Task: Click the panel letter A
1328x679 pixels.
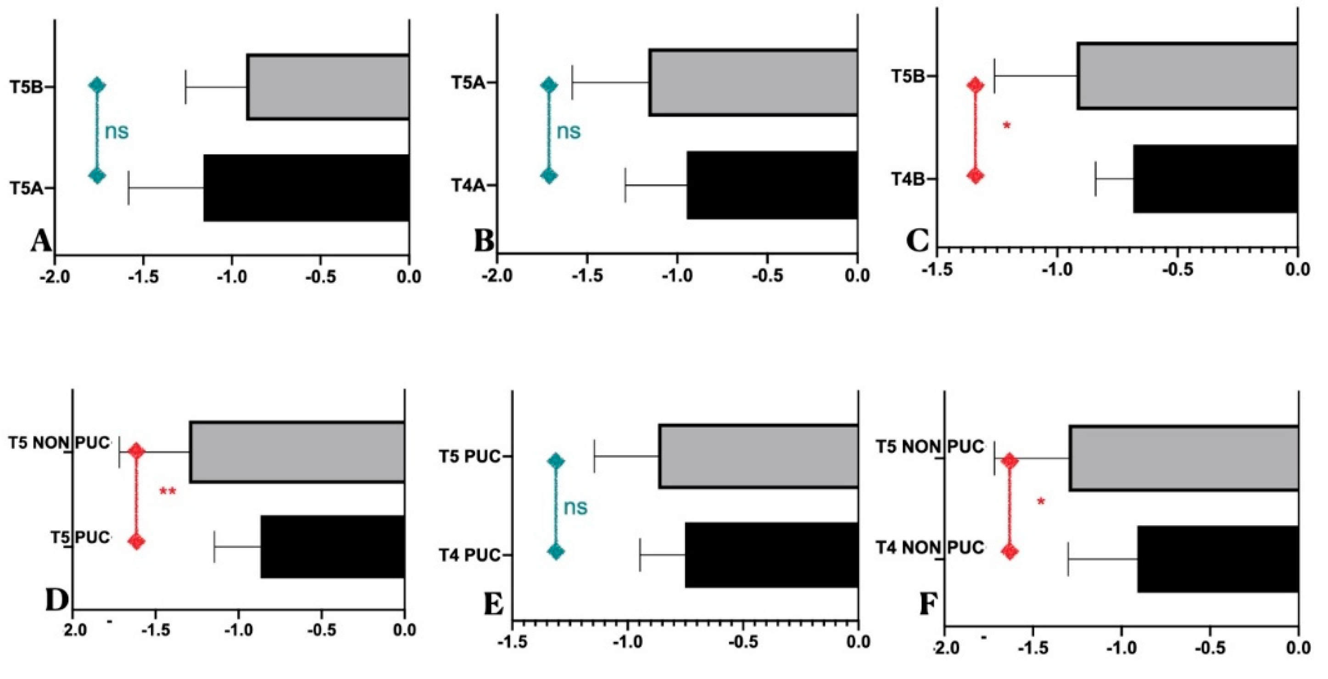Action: coord(40,240)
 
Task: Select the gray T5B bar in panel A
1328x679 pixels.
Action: coord(328,87)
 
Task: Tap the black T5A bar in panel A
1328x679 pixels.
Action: coord(306,188)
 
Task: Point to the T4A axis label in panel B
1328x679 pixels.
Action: coord(468,185)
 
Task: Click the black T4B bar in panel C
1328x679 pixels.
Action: coord(1215,178)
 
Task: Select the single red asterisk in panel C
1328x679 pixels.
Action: coord(1007,125)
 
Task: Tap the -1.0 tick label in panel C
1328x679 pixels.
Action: coord(1056,269)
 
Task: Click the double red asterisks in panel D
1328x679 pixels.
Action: coord(167,492)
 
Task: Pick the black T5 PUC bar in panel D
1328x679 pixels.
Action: coord(333,546)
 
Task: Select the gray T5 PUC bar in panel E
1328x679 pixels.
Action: coord(758,456)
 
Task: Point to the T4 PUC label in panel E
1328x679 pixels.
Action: coord(469,555)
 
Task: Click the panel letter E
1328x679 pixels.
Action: coord(493,604)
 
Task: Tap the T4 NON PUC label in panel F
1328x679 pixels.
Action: coord(930,547)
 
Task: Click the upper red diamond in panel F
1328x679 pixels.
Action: coord(1010,461)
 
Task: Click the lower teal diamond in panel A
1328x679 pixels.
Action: coord(97,175)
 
